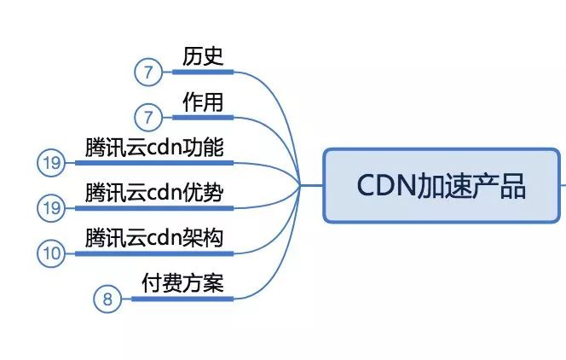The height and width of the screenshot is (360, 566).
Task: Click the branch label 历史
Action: (x=203, y=57)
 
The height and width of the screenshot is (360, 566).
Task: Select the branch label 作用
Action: (x=203, y=102)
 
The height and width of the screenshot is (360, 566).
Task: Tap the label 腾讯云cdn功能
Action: (x=154, y=148)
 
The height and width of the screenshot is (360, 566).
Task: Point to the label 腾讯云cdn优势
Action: (x=154, y=193)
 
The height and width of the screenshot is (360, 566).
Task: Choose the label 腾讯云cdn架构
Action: (x=154, y=238)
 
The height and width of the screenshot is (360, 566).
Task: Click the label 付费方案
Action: (x=182, y=283)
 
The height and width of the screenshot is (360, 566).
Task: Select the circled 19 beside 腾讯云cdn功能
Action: (x=51, y=163)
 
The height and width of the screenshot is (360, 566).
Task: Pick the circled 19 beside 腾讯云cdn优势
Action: (x=51, y=208)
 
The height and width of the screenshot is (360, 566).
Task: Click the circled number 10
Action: (x=51, y=253)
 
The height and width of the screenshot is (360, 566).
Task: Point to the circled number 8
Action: (x=107, y=299)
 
